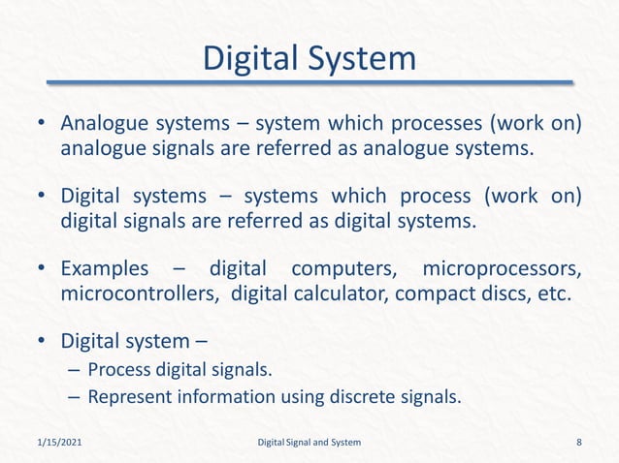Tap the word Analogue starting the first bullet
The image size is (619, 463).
click(x=105, y=125)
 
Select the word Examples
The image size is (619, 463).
click(x=105, y=268)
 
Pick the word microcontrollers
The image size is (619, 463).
click(x=140, y=293)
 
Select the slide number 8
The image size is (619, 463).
click(x=579, y=443)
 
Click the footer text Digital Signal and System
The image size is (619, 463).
click(x=309, y=443)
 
